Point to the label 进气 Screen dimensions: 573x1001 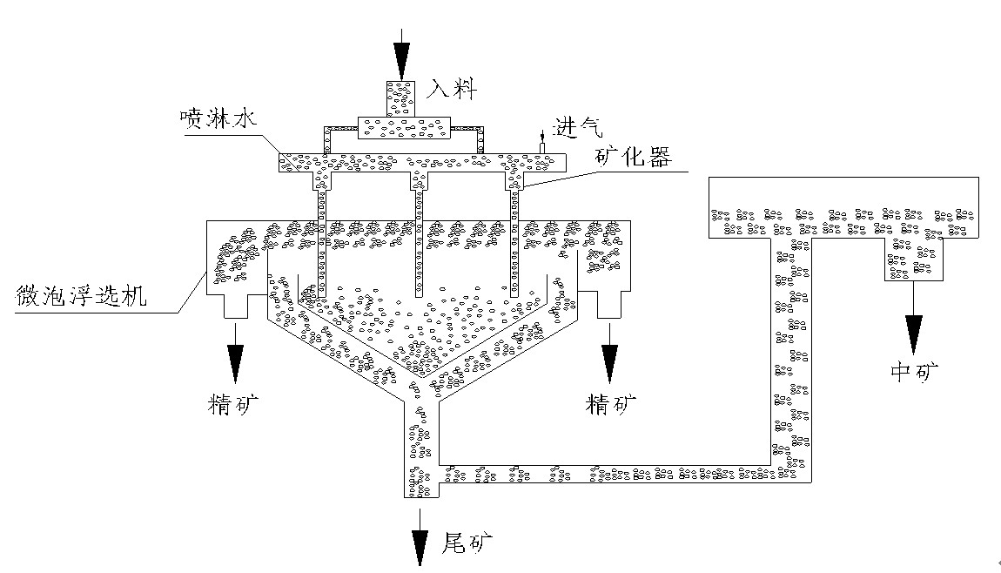point(580,128)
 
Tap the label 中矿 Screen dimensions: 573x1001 point(915,372)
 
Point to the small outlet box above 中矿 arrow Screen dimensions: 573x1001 point(913,259)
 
